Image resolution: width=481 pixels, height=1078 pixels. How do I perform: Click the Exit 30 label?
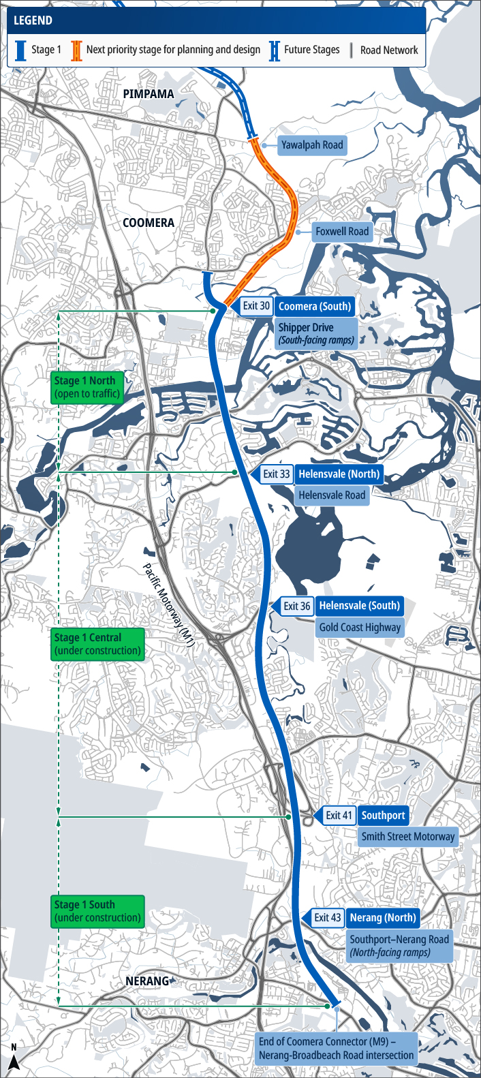(x=256, y=306)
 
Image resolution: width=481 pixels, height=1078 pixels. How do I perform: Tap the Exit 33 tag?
(x=276, y=474)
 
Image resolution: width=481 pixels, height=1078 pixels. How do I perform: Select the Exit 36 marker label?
(x=296, y=606)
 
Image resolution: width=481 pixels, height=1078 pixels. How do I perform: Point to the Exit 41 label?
(x=339, y=816)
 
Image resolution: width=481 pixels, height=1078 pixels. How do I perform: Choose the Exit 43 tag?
(x=327, y=918)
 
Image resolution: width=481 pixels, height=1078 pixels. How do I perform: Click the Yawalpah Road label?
(x=312, y=145)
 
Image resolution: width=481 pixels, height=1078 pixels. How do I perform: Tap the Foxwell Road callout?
(x=341, y=232)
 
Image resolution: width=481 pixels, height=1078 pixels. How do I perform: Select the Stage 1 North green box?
(x=87, y=387)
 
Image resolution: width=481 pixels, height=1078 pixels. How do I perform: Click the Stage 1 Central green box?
(x=97, y=644)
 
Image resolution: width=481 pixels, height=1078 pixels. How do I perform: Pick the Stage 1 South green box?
(x=97, y=911)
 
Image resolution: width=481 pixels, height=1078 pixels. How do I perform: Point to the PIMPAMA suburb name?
(x=149, y=94)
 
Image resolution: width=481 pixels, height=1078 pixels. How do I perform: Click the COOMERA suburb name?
(x=149, y=223)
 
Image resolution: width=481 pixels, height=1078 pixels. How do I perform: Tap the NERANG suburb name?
(x=147, y=981)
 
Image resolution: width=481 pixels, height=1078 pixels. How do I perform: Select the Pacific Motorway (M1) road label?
(x=169, y=600)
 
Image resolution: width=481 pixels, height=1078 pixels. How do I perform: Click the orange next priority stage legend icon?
(x=76, y=50)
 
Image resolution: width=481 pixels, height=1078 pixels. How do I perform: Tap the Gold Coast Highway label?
(x=360, y=628)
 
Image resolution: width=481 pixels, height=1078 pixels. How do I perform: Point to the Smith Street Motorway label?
(x=407, y=837)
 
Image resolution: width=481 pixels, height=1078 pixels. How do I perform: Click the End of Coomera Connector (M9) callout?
(x=336, y=1048)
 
